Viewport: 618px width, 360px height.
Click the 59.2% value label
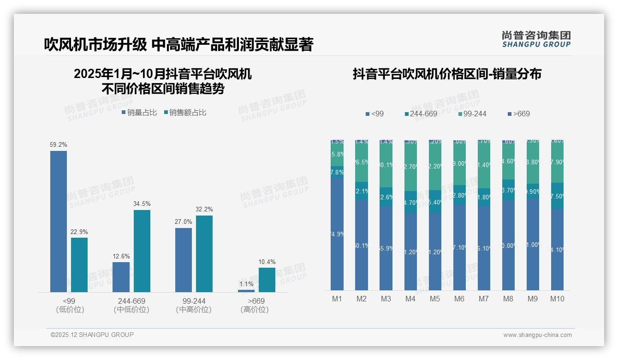[59, 144]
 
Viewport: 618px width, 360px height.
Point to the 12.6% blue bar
[121, 277]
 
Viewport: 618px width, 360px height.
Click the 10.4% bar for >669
[267, 280]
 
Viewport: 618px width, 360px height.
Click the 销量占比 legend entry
[139, 112]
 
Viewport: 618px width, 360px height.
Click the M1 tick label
[337, 299]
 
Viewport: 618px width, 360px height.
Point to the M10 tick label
[557, 299]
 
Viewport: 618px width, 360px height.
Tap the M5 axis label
[435, 299]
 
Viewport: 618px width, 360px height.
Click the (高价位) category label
[254, 310]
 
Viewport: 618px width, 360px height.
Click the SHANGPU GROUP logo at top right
[536, 39]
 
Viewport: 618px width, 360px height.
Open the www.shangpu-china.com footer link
[537, 335]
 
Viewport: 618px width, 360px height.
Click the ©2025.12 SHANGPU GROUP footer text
[92, 335]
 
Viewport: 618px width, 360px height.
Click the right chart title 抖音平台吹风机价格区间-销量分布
[447, 74]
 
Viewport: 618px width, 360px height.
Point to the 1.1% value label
[246, 284]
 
